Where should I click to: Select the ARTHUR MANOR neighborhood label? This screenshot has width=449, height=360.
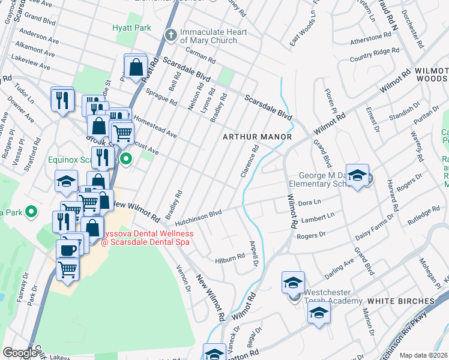click(x=257, y=137)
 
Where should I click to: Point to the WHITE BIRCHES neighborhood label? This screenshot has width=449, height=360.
click(x=400, y=301)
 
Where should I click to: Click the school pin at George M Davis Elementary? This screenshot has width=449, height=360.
click(x=357, y=175)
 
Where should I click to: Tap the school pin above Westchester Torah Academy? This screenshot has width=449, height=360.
click(x=293, y=282)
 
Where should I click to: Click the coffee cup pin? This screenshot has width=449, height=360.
click(x=67, y=250)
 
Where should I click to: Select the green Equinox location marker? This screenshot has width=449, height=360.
click(x=126, y=159)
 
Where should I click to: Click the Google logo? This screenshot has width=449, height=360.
click(x=20, y=352)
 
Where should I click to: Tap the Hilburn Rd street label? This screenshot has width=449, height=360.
click(x=230, y=256)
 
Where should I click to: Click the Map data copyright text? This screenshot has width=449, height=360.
click(x=423, y=355)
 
